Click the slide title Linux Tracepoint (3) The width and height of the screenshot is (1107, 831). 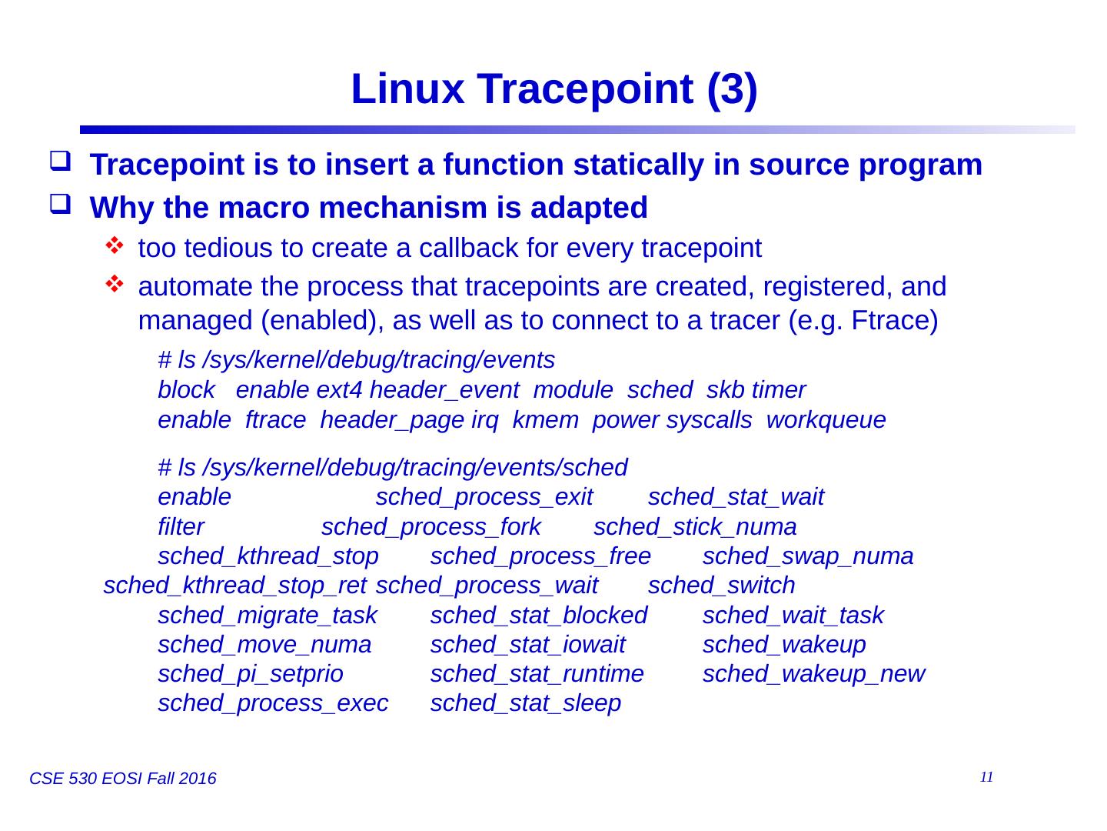coord(553,90)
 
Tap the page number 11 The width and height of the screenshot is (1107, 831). coord(987,777)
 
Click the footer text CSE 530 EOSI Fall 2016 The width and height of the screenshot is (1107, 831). coord(123,779)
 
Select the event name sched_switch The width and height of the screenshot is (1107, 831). coord(721,586)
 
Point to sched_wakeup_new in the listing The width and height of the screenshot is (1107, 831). coord(813,674)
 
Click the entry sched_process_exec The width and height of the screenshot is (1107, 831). coord(273,703)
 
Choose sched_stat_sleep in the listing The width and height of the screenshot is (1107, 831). coord(525,703)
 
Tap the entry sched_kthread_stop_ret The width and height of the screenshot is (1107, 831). coord(234,586)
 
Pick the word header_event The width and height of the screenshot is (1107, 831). coord(444,391)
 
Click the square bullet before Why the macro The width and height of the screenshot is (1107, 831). coord(59,206)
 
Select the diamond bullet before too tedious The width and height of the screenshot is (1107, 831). coord(114,247)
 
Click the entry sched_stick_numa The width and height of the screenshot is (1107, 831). coord(695,527)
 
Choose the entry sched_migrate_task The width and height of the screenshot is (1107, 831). coord(267,616)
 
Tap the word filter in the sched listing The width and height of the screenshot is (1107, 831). coord(181,527)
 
